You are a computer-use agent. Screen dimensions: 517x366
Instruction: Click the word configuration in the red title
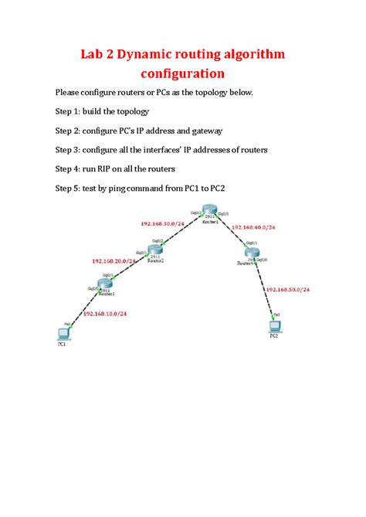pyautogui.click(x=182, y=74)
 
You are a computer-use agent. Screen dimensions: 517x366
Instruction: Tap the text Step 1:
pyautogui.click(x=71, y=111)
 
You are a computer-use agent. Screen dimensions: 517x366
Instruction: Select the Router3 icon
pyautogui.click(x=105, y=284)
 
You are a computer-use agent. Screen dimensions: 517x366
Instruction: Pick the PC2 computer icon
pyautogui.click(x=273, y=325)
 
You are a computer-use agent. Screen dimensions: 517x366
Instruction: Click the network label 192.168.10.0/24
pyautogui.click(x=105, y=314)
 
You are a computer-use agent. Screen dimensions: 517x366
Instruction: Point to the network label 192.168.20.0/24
pyautogui.click(x=114, y=261)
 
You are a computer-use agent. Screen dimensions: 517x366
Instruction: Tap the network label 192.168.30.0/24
pyautogui.click(x=162, y=223)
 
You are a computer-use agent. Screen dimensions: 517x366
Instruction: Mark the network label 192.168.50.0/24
pyautogui.click(x=290, y=290)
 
